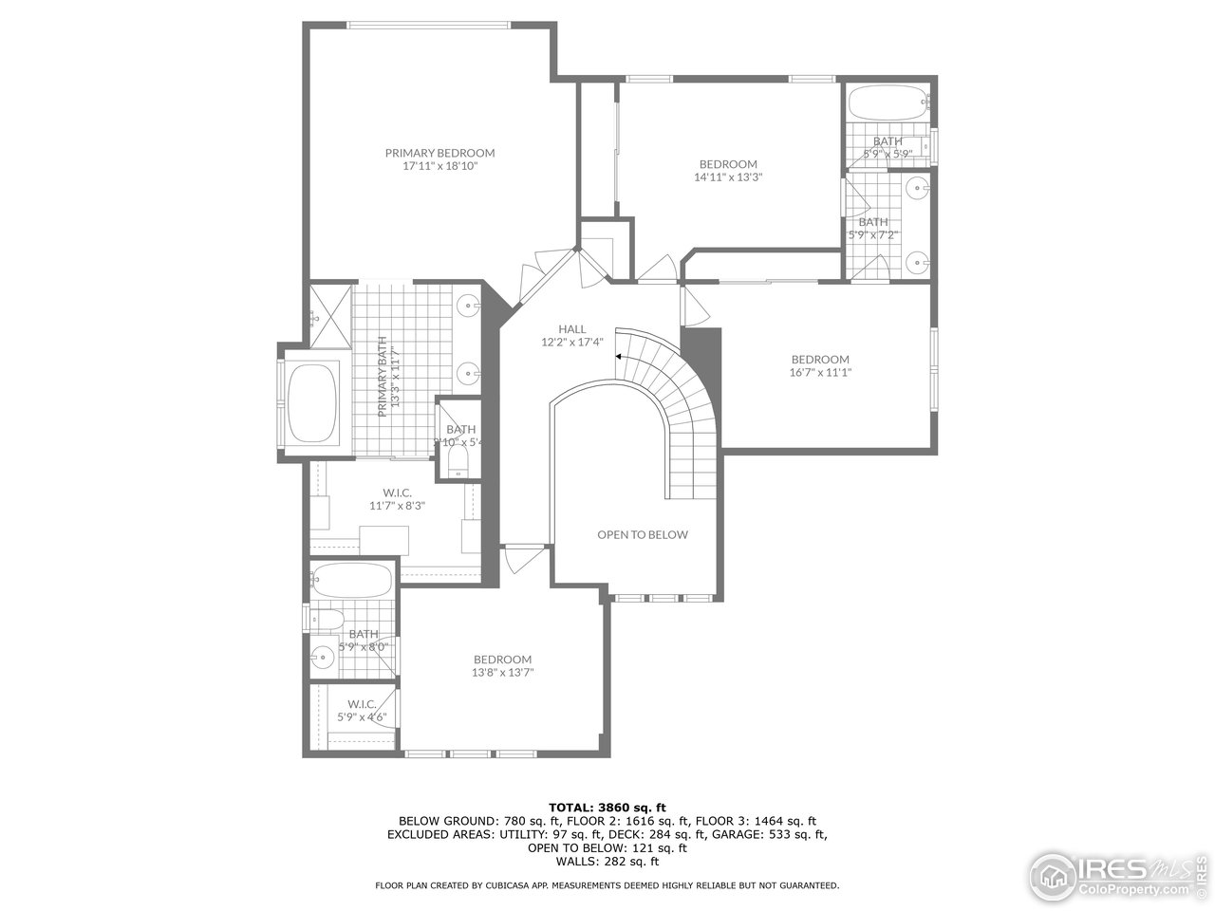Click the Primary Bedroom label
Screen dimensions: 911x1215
[439, 153]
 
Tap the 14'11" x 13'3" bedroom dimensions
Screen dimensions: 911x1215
[728, 177]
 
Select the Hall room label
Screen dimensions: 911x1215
[571, 329]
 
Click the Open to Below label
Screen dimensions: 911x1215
[642, 534]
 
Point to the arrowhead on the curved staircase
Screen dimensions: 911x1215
[618, 357]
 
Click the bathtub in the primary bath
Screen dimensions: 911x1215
[314, 403]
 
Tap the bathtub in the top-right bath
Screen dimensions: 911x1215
[887, 101]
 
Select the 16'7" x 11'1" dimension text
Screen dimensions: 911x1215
[820, 372]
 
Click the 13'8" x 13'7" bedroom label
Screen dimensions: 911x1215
[502, 666]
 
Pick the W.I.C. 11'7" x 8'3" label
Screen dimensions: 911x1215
[396, 499]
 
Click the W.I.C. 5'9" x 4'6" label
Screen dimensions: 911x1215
[362, 710]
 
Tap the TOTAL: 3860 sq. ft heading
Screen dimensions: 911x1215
[607, 807]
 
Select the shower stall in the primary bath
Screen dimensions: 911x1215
[330, 307]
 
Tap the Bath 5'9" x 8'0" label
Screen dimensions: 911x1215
[364, 641]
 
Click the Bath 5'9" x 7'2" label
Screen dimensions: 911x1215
[872, 228]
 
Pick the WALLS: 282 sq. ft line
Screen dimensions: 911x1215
[607, 862]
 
